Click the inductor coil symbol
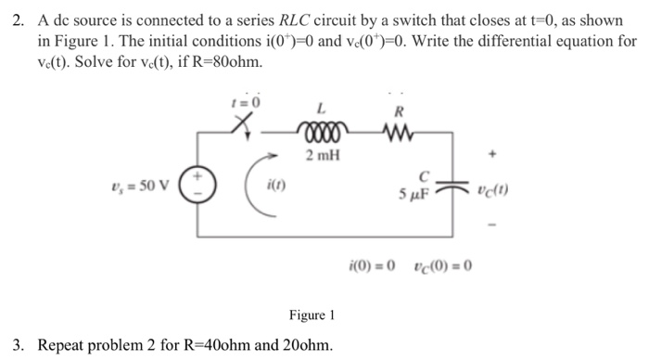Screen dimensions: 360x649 [x=315, y=131]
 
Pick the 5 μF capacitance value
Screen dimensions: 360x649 [x=414, y=196]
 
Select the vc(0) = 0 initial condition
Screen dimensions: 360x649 [x=439, y=265]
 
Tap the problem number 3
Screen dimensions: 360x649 [x=11, y=345]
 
